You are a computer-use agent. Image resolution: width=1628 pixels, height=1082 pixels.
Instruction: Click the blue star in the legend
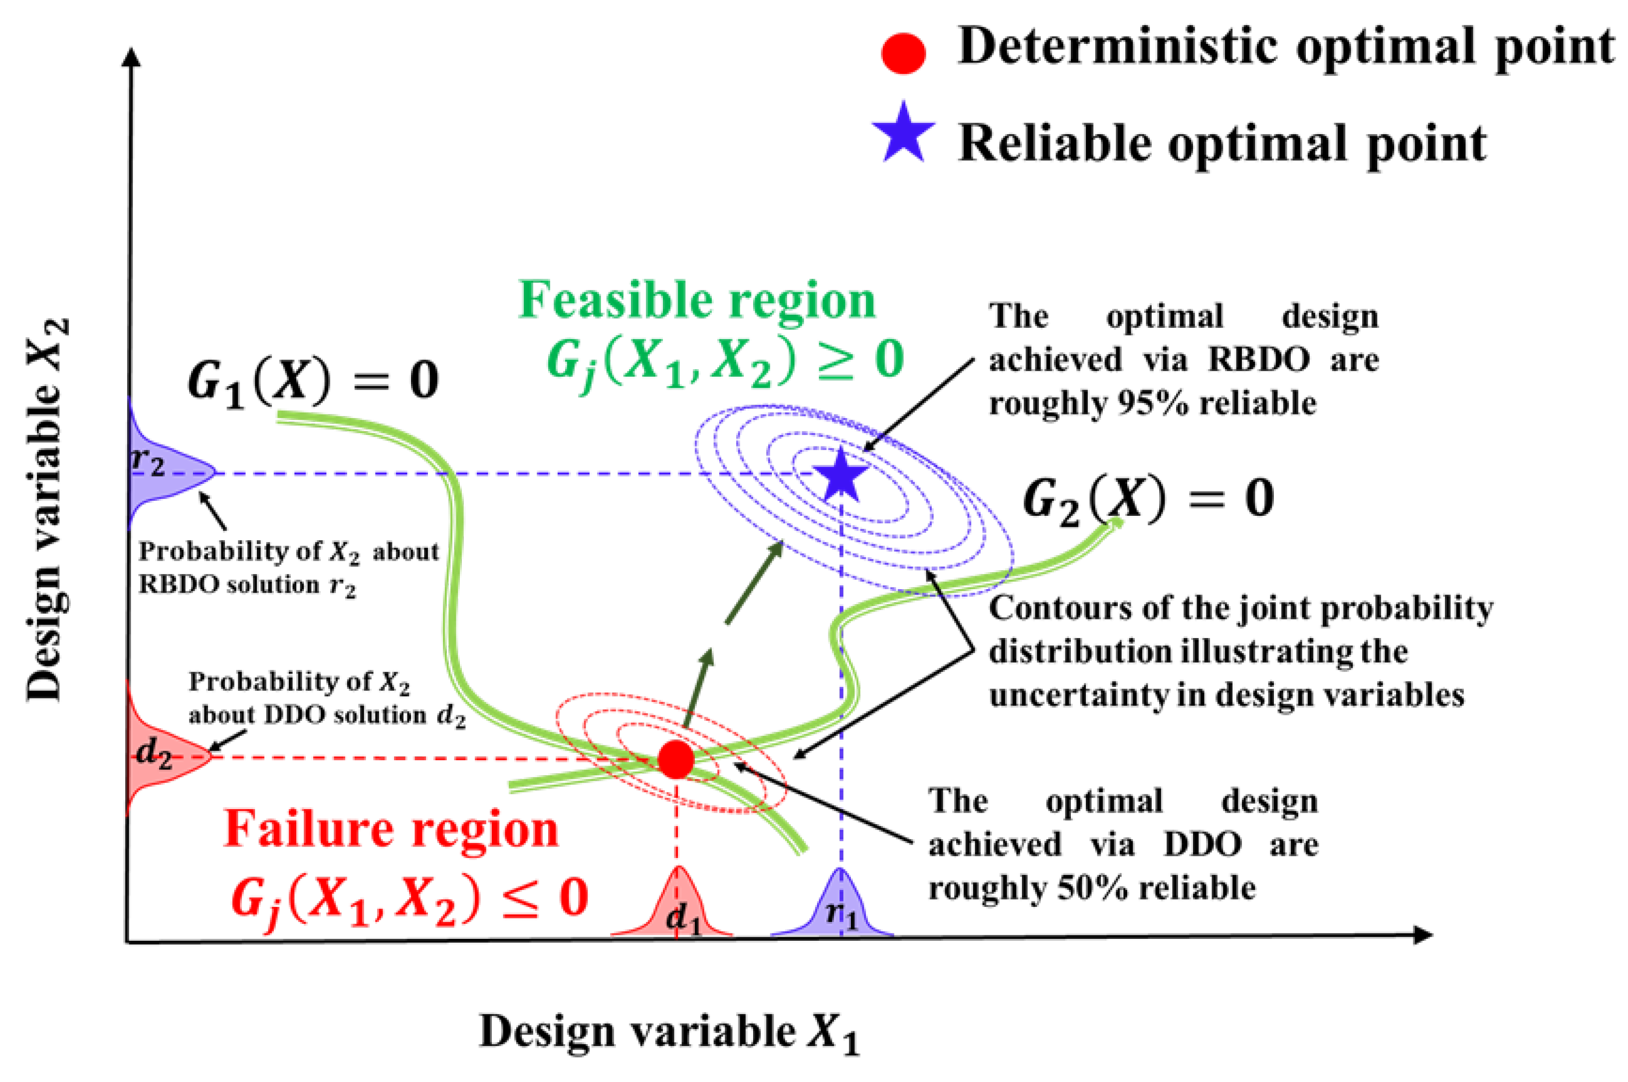tap(902, 134)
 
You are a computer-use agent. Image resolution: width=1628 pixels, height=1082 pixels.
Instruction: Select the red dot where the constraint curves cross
tap(675, 760)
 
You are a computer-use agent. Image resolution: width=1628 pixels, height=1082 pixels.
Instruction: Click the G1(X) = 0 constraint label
tap(313, 382)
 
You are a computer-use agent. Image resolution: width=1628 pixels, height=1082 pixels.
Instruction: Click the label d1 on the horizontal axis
tap(683, 918)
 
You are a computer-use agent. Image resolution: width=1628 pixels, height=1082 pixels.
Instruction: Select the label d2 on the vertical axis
tap(153, 753)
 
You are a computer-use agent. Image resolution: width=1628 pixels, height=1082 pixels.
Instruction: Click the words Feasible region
tap(697, 301)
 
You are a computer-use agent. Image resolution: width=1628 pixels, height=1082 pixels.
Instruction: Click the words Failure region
tap(391, 830)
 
